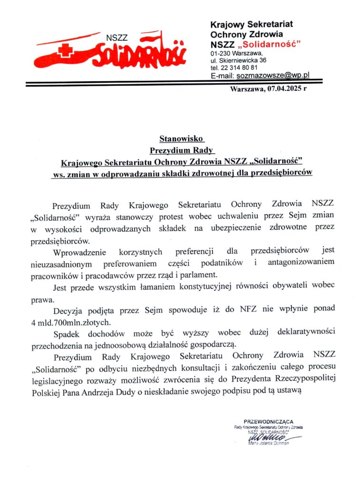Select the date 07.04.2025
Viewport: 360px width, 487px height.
(x=284, y=88)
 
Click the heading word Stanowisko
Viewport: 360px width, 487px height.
(x=181, y=139)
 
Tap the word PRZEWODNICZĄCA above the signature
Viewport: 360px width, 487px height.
(x=268, y=421)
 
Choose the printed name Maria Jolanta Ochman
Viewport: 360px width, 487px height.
(x=268, y=444)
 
